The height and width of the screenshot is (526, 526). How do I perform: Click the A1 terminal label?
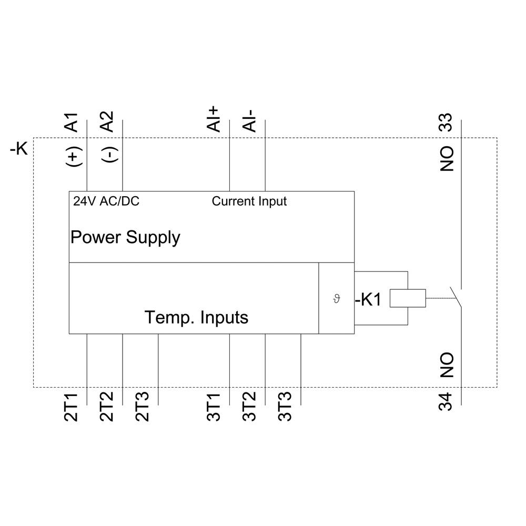pos(72,122)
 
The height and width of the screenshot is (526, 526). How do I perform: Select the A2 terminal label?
pos(107,122)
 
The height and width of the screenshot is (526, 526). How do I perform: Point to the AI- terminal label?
pos(250,121)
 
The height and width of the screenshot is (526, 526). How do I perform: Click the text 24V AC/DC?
pos(106,201)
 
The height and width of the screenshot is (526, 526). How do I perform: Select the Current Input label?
pos(249,201)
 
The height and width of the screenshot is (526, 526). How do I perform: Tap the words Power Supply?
pos(125,237)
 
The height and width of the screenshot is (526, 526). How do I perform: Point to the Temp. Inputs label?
pos(196,318)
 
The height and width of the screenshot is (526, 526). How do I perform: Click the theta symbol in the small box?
pos(337,299)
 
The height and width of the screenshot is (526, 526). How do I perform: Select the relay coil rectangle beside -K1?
pos(407,298)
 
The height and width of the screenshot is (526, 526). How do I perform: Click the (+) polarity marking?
pos(73,156)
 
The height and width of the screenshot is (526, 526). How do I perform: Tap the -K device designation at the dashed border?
pos(19,149)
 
